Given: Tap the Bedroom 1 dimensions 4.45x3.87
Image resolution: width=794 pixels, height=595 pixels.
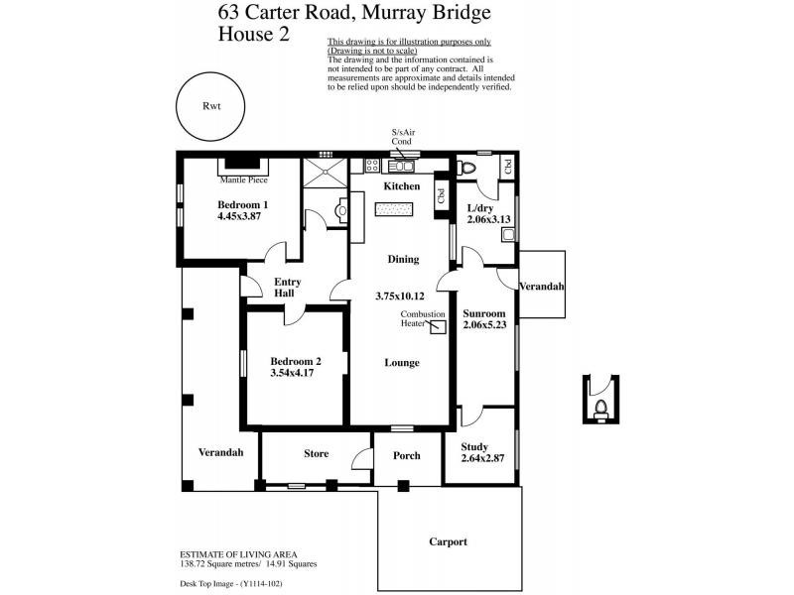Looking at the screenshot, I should tap(243, 216).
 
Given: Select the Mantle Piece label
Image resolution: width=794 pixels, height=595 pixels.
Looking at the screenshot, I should tap(244, 180).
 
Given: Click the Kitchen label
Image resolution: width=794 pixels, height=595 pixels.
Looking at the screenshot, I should tap(401, 186).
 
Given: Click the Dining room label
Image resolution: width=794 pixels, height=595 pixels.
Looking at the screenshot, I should tap(402, 259).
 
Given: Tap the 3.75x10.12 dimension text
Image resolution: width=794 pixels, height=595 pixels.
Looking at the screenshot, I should tap(400, 296).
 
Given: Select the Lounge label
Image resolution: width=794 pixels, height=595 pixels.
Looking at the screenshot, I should tap(402, 363).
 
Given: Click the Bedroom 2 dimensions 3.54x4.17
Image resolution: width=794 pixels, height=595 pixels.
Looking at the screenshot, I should tap(296, 374).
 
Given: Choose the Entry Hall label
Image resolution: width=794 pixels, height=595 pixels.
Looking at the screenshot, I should tap(287, 288).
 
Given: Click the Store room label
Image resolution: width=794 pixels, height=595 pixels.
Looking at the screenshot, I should tap(316, 454).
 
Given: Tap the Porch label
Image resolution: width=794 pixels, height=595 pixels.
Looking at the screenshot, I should tap(407, 456).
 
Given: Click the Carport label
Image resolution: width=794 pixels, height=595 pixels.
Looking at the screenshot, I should tap(448, 541).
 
